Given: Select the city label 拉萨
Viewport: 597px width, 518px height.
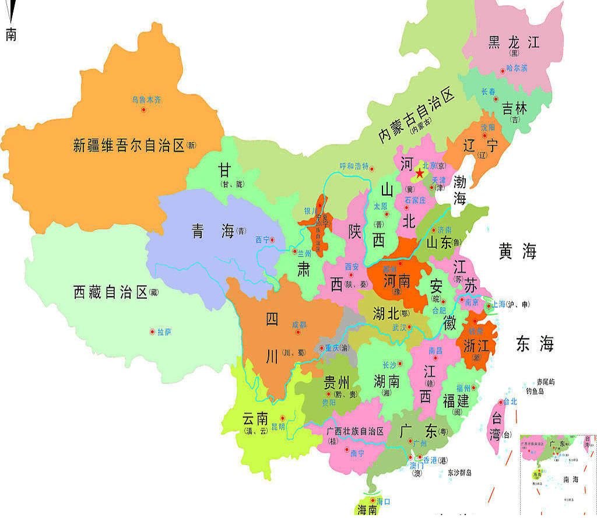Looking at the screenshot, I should [164, 332].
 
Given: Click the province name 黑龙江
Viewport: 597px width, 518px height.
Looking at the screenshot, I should [514, 42].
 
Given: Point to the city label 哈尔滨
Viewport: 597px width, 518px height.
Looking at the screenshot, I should [517, 68].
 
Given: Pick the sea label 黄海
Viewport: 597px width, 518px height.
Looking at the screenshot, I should [517, 252].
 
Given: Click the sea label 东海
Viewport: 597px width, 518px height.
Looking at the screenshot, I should [534, 344].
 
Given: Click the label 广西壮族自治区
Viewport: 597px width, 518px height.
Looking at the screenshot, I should [355, 431].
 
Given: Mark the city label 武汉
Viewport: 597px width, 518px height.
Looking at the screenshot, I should [399, 327].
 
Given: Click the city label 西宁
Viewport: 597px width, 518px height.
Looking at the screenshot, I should [263, 239].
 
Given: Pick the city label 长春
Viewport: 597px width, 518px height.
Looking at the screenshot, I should [489, 91].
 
